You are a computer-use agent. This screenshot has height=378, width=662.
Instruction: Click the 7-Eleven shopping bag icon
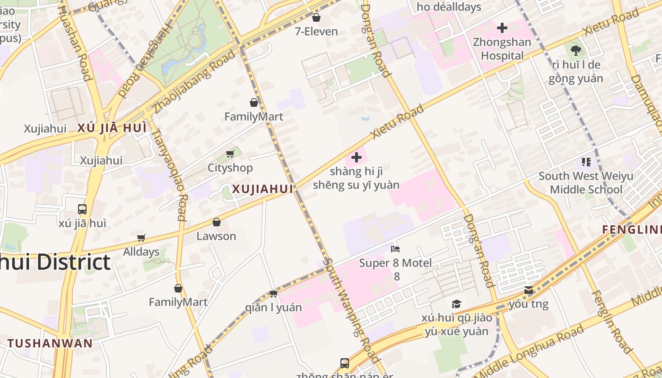[316, 18]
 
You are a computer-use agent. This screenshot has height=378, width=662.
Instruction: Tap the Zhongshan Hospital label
[502, 49]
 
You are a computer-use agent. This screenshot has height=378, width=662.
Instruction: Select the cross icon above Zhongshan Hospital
[502, 28]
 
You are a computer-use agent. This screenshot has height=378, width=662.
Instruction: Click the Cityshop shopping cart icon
[230, 154]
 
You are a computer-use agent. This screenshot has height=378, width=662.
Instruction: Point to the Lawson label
[216, 236]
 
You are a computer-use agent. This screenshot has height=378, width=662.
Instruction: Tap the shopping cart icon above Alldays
[141, 238]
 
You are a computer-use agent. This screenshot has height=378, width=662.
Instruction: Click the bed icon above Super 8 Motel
[395, 249]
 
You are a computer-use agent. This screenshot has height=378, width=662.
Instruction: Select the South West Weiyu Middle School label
[586, 183]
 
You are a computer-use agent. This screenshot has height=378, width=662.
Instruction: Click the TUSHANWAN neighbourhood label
[50, 343]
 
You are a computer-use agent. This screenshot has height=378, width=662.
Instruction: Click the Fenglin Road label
[612, 321]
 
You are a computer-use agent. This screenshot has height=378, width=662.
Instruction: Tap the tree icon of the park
[575, 50]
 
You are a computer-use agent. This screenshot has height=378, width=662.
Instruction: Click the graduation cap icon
[456, 304]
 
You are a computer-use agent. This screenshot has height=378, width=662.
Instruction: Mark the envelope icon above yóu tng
[529, 290]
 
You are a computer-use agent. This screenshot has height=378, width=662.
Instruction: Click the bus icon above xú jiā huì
[82, 209]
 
